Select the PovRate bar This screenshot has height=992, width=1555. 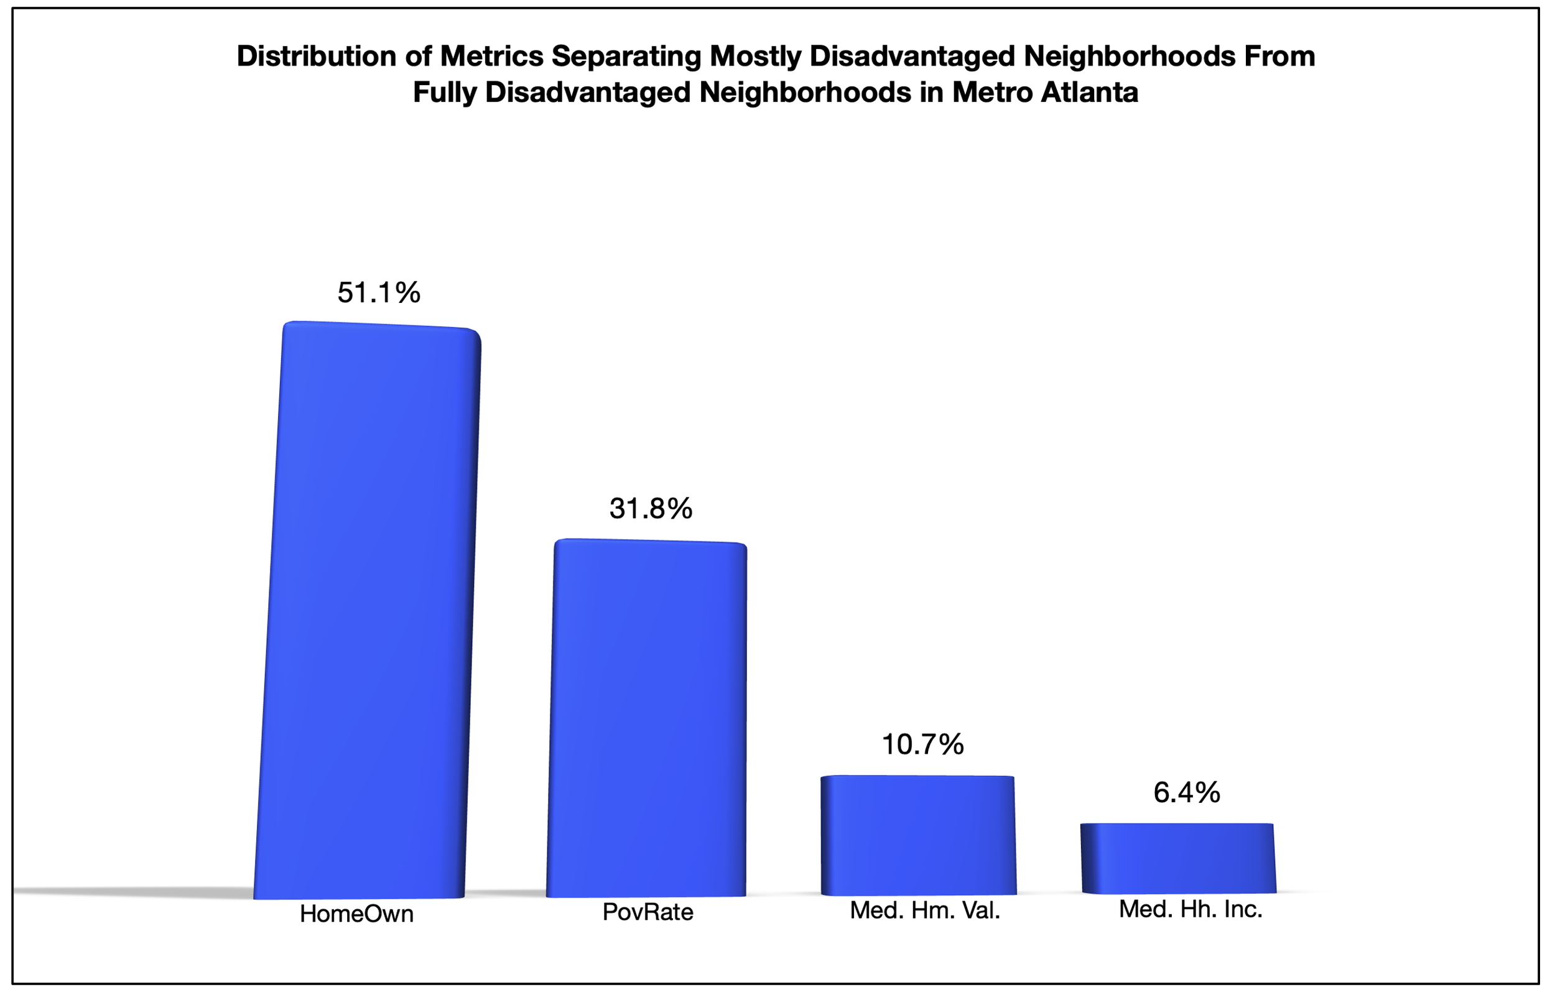tap(647, 718)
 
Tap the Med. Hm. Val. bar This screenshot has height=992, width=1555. tap(918, 835)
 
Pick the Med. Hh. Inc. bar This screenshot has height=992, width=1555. tap(1179, 858)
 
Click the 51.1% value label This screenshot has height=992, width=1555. tap(378, 292)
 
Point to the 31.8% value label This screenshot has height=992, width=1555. tap(650, 509)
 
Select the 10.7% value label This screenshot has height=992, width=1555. tap(922, 744)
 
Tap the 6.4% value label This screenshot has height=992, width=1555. tap(1186, 792)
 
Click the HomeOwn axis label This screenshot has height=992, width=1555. tap(356, 914)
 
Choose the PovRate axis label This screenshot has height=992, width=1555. tap(648, 912)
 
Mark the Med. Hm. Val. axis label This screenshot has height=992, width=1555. tap(925, 910)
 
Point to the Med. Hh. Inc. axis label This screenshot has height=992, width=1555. tap(1190, 909)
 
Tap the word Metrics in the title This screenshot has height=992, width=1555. tap(491, 56)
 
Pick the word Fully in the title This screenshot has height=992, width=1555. tap(444, 92)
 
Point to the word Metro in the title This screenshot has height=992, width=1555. tap(991, 92)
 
